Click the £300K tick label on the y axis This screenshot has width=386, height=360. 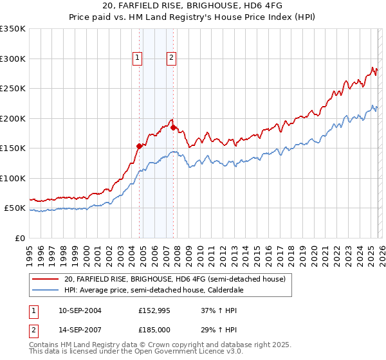tap(12, 59)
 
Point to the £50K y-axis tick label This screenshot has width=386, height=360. tap(14, 208)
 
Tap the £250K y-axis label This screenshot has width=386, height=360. tap(12, 89)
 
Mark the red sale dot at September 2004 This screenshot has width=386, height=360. tap(139, 146)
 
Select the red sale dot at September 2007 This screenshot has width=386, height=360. tap(173, 127)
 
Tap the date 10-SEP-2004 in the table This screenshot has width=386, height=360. tap(80, 310)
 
